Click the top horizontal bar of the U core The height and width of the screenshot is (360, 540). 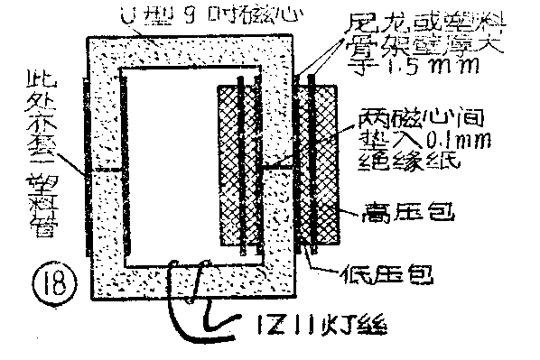[x=190, y=50]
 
